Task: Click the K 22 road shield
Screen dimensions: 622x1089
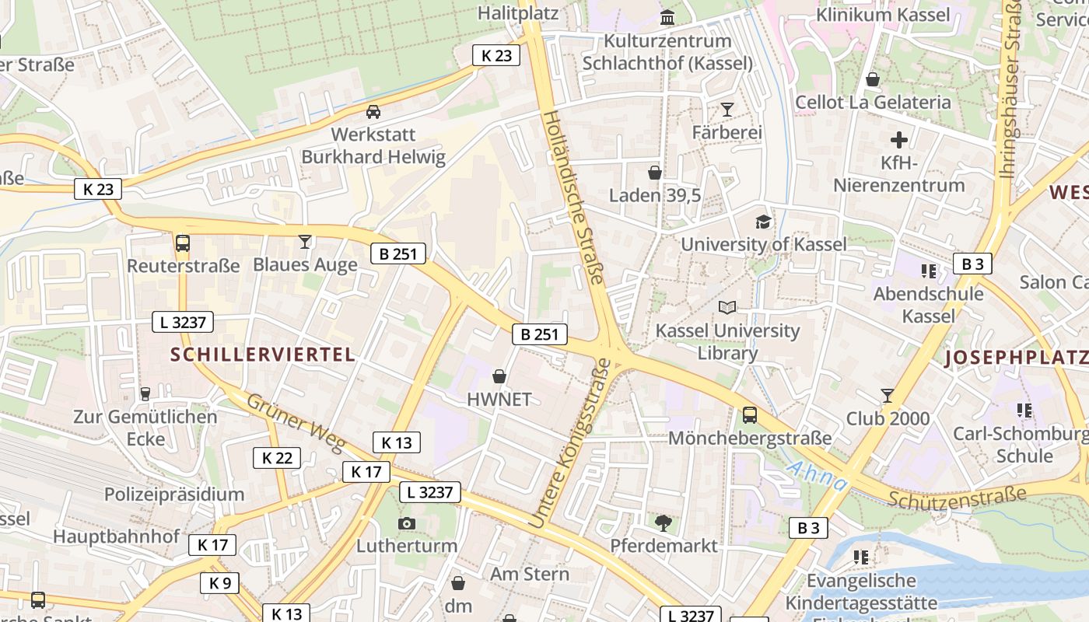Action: [277, 458]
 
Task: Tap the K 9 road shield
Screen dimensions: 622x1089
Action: [219, 583]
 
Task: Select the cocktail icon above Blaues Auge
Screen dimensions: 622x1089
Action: [305, 242]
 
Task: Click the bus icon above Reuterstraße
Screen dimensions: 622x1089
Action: [183, 243]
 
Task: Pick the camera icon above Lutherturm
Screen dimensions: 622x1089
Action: [406, 523]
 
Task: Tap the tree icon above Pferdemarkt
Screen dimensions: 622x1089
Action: [664, 522]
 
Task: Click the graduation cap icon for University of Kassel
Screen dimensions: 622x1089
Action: [763, 222]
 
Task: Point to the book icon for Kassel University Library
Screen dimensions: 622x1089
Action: [727, 308]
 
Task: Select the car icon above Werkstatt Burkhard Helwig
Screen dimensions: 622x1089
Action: [373, 112]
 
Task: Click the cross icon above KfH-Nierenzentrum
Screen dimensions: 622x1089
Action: [899, 141]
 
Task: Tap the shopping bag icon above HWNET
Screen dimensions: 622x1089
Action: [499, 376]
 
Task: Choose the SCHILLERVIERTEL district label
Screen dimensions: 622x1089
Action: [263, 355]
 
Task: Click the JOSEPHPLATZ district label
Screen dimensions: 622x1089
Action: [1016, 358]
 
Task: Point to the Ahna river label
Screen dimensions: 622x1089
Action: [817, 476]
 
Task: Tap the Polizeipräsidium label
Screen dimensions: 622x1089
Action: [174, 494]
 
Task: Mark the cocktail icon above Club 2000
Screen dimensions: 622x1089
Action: [888, 396]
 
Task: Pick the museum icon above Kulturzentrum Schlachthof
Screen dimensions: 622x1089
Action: [667, 17]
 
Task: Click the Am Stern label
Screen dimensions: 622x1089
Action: [530, 574]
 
